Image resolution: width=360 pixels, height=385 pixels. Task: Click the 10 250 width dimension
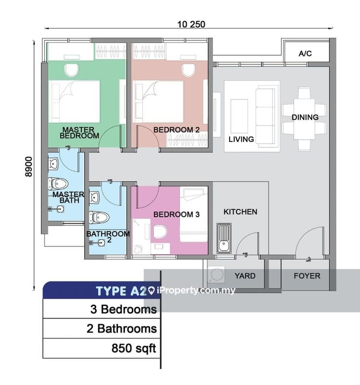point(191,25)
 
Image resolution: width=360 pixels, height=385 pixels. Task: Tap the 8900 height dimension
point(29,167)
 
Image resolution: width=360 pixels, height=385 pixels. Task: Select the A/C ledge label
point(305,53)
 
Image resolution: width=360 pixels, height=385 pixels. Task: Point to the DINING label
point(305,117)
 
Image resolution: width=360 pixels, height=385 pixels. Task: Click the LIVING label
point(241,139)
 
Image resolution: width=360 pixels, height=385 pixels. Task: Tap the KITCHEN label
point(241,212)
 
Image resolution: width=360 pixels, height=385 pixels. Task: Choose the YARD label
point(245,276)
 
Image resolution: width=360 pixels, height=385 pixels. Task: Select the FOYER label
point(307,276)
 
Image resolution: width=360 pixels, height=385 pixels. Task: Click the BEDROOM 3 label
point(176,214)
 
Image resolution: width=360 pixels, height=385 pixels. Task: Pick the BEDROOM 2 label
point(176,129)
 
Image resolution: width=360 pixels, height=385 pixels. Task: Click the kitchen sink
point(224,238)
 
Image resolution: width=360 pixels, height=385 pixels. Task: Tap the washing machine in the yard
point(217,274)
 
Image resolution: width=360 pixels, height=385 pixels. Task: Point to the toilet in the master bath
point(58,184)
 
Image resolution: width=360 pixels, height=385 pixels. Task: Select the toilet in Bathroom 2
point(99,218)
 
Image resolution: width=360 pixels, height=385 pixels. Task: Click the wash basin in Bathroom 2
point(94,198)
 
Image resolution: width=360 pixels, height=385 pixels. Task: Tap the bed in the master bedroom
point(75,102)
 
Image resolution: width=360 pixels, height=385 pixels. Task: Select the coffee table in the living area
point(239,116)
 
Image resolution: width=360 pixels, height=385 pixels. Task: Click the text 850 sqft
point(134,348)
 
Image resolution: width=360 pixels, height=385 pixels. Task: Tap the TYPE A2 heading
point(122,291)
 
